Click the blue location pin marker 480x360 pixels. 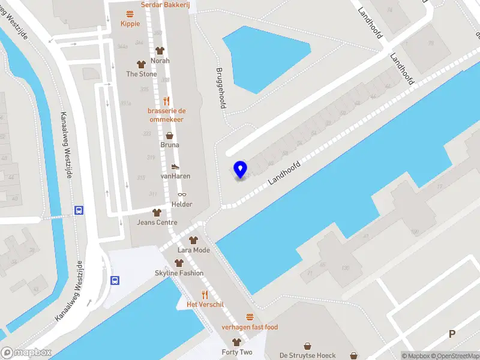[241, 169]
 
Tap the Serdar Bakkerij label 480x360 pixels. [165, 5]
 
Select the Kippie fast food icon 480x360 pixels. [130, 14]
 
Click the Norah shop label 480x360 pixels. [160, 61]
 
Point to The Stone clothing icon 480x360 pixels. [142, 64]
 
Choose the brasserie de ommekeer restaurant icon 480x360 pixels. [166, 101]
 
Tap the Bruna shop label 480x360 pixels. [170, 145]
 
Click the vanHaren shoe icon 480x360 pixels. [175, 166]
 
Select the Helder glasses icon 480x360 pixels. [182, 194]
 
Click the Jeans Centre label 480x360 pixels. [157, 223]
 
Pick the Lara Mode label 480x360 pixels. [194, 250]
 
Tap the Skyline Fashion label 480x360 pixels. [179, 273]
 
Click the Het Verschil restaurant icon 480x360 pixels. [205, 295]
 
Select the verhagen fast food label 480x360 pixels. [250, 327]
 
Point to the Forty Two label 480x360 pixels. [237, 352]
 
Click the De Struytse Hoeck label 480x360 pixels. [307, 355]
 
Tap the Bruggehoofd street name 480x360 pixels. [221, 87]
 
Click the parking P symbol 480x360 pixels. [452, 334]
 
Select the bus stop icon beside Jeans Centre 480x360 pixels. [79, 210]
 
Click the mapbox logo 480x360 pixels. [26, 353]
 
